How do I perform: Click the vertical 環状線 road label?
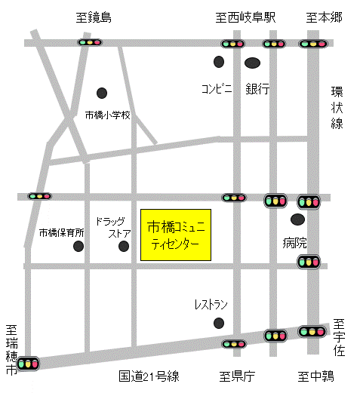pyautogui.click(x=337, y=107)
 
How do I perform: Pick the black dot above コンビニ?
pyautogui.click(x=219, y=61)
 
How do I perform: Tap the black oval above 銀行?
pyautogui.click(x=253, y=62)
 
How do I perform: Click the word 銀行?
pyautogui.click(x=257, y=88)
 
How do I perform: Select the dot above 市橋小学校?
pyautogui.click(x=102, y=93)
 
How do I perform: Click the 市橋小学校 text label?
pyautogui.click(x=108, y=115)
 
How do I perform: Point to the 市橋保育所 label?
pyautogui.click(x=62, y=233)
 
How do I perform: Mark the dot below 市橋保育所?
pyautogui.click(x=78, y=247)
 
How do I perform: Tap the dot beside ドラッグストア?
pyautogui.click(x=124, y=246)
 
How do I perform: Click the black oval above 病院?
pyautogui.click(x=298, y=220)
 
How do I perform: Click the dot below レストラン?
pyautogui.click(x=219, y=323)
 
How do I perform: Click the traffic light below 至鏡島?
pyautogui.click(x=90, y=43)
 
